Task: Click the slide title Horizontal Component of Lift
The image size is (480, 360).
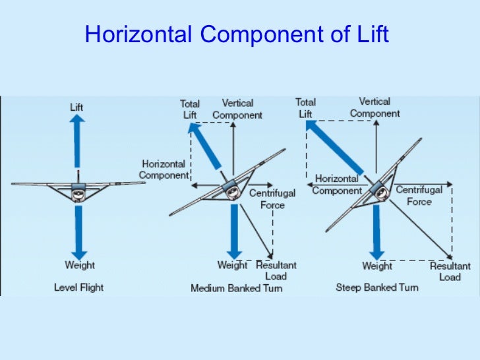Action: coord(237,35)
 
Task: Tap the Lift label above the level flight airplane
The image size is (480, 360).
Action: coord(76,106)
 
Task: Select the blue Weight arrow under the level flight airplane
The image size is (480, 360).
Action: coord(78,231)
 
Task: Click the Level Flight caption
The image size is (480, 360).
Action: coord(78,287)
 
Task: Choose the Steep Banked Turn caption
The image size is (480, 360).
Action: coord(376,287)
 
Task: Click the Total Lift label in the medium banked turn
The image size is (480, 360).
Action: coord(190,109)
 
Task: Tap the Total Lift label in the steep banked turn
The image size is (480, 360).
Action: coord(305,108)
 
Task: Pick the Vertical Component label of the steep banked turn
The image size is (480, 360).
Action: coord(375,107)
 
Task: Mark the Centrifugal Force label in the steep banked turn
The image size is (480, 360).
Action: coord(419,196)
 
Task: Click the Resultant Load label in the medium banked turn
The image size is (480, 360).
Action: coord(276,270)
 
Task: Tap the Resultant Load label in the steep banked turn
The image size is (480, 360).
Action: coord(450,272)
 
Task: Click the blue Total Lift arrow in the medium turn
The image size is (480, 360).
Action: coord(206,145)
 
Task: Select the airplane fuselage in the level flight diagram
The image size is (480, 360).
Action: coord(78,194)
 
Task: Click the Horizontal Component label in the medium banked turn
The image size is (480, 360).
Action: coord(163,170)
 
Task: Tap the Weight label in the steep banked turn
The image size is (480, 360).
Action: coord(377,266)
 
